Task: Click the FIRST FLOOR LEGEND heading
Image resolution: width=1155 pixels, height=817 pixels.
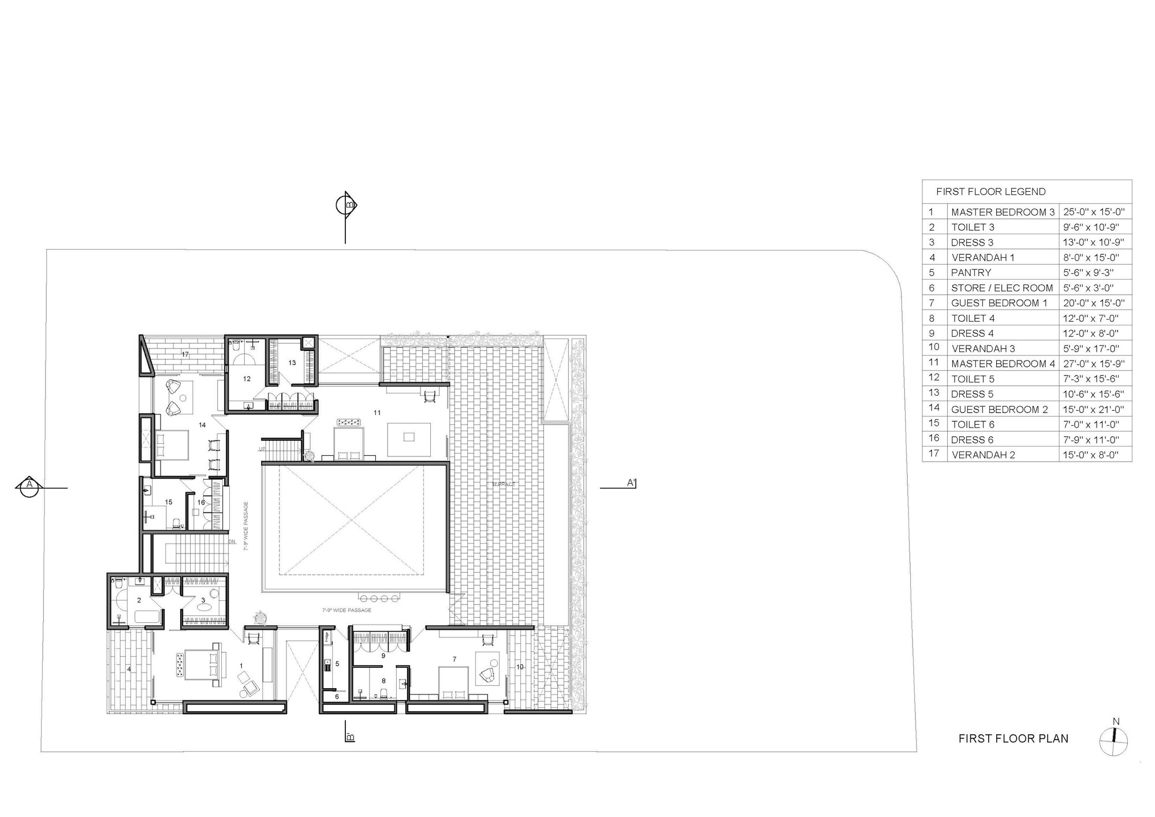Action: [x=990, y=192]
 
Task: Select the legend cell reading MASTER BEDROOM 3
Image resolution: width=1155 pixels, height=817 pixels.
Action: [x=1003, y=212]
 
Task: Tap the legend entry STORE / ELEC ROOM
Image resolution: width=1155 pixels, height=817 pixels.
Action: [x=1002, y=288]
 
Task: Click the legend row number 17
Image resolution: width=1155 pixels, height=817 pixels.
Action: [x=934, y=454]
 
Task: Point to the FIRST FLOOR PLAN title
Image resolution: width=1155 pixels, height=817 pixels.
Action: [x=1013, y=738]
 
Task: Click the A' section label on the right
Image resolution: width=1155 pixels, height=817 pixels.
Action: [x=631, y=482]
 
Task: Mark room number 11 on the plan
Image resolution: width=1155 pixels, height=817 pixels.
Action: [x=377, y=413]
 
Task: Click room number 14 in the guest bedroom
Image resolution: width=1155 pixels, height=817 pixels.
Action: [x=202, y=425]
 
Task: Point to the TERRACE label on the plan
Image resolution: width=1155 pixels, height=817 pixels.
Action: [x=503, y=484]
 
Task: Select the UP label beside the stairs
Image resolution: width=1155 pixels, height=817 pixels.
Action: [x=262, y=449]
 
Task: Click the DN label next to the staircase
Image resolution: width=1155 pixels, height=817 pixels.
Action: [x=232, y=542]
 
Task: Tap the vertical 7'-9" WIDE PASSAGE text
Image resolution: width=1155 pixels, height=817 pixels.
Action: [x=245, y=526]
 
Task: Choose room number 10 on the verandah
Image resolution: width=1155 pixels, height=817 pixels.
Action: [x=519, y=667]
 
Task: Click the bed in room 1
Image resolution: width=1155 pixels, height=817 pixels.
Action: [x=202, y=664]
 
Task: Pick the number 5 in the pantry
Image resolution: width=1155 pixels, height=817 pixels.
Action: [x=337, y=664]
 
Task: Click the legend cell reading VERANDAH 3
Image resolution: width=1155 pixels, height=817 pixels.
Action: [x=983, y=348]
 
